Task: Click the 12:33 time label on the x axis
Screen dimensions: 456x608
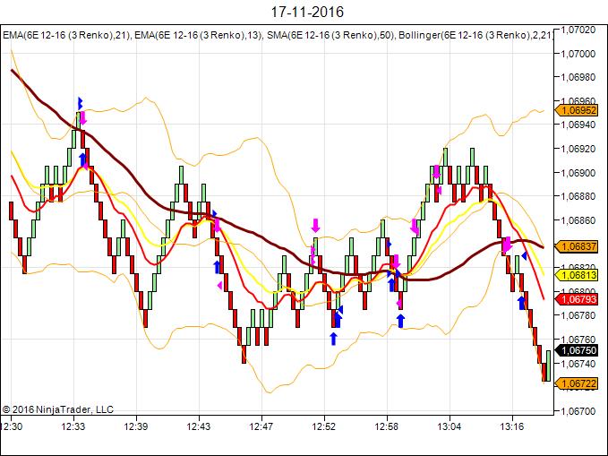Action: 73,427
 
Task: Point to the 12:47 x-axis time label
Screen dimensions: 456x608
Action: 261,427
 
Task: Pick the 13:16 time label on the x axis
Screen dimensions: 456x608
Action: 512,427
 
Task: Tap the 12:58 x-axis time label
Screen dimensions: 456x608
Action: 387,427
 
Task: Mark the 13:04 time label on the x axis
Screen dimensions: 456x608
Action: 450,427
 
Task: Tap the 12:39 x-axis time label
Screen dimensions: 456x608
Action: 136,427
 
